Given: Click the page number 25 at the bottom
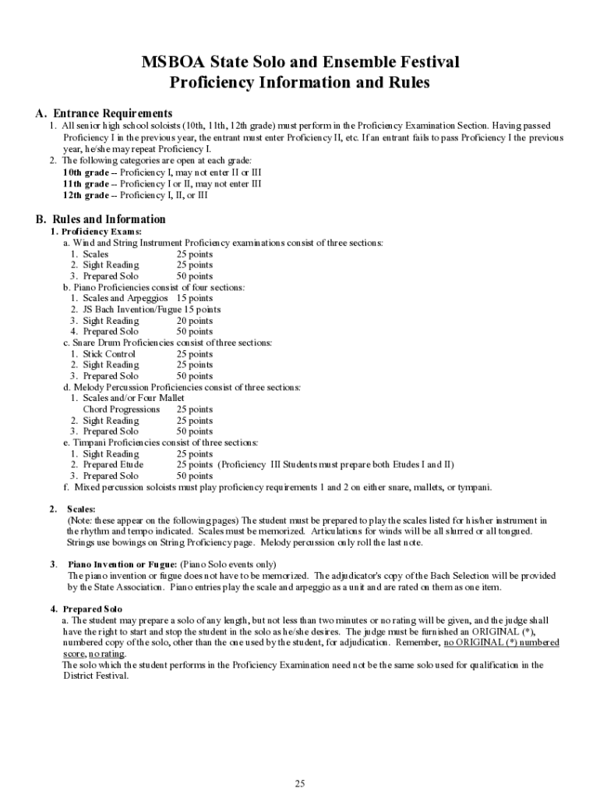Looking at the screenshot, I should coord(300,783).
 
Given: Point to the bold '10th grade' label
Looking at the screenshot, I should coord(86,172).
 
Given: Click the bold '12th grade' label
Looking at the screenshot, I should coord(86,195).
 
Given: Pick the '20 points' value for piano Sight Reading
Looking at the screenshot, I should coord(194,321).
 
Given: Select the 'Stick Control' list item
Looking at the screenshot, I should coord(109,354).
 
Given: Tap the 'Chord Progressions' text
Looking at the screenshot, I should coord(121,410).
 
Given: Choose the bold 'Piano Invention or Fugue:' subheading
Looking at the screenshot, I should coord(123,564).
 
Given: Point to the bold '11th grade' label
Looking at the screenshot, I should coord(86,184).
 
